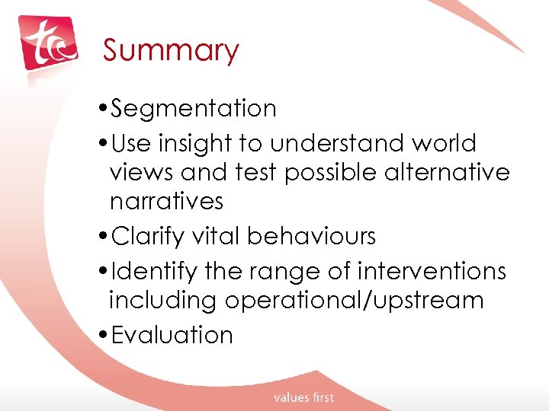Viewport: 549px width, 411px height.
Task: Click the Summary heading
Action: tap(171, 51)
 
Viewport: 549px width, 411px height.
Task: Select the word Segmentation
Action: tap(194, 109)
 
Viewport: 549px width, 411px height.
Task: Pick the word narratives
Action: tap(166, 202)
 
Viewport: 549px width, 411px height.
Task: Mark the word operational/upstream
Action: tap(354, 301)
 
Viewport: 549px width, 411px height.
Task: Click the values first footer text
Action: tap(304, 397)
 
